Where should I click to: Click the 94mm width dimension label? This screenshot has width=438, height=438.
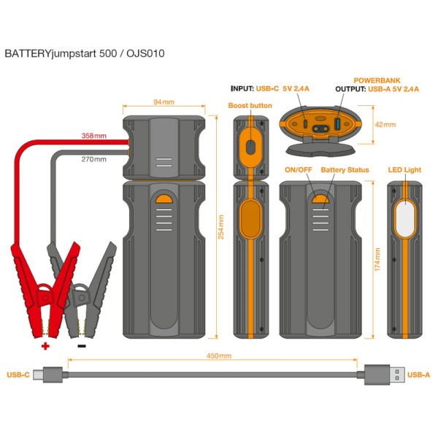tap(163, 103)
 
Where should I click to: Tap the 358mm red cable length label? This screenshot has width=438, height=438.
tap(94, 136)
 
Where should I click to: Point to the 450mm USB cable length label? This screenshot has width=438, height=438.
tap(220, 356)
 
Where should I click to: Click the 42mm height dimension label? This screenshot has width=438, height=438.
tap(385, 124)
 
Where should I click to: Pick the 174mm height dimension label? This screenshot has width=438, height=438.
tap(377, 259)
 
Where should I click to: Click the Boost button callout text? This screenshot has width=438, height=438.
tap(250, 106)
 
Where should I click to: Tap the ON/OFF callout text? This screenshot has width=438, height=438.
tap(298, 170)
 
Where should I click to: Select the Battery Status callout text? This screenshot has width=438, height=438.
tap(345, 170)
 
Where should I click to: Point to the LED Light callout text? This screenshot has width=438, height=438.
tap(404, 170)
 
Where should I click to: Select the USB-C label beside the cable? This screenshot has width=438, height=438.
tap(18, 374)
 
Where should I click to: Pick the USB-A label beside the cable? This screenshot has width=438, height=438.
tap(418, 374)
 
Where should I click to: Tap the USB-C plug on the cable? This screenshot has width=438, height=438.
tap(52, 374)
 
